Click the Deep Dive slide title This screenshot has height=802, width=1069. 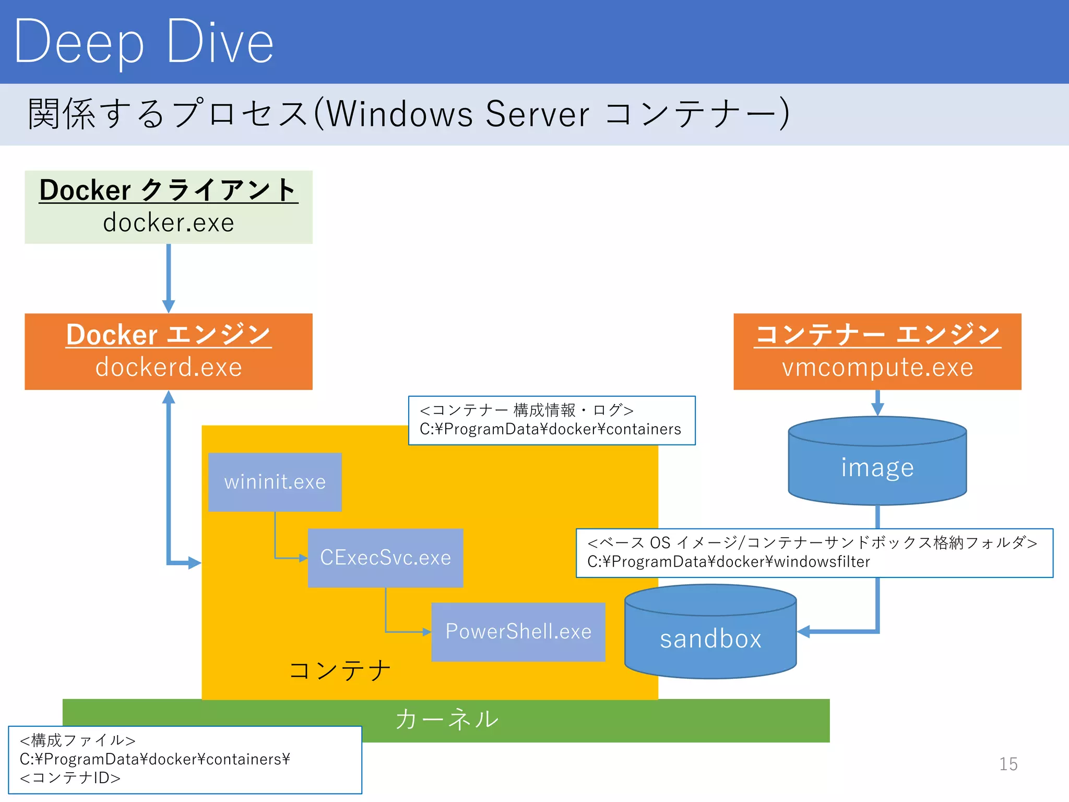pos(144,42)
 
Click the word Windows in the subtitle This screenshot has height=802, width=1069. pos(399,114)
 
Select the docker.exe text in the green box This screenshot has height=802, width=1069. pos(168,223)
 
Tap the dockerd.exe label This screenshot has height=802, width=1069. pos(168,367)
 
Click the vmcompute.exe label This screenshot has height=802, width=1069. pos(877,367)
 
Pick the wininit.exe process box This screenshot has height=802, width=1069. pos(275,481)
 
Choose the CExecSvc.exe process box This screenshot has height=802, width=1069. pos(385,558)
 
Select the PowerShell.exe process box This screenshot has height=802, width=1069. pos(518,632)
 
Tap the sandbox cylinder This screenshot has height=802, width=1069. pos(710,638)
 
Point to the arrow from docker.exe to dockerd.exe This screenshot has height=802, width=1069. pos(168,277)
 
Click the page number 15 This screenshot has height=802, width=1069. pos(1008,764)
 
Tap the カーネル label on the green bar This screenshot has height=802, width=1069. pos(447,720)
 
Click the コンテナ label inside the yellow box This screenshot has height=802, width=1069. pos(339,670)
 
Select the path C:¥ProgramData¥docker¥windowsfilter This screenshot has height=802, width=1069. pos(728,562)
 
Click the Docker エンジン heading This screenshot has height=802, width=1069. pos(168,335)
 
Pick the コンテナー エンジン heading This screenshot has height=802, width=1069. pos(877,335)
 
